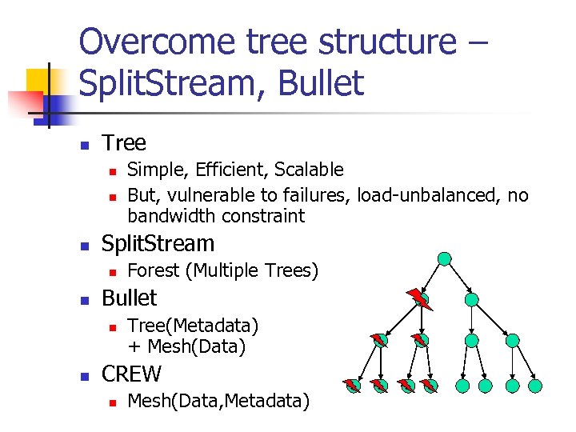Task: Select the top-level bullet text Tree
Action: pos(124,143)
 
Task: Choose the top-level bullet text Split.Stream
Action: pos(158,244)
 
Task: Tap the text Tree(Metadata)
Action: pos(193,326)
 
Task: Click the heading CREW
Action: pos(131,374)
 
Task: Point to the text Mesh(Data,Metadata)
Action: pos(218,401)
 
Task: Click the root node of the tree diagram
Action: pos(445,259)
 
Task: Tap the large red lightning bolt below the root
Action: pos(418,298)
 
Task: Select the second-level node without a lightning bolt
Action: pos(472,300)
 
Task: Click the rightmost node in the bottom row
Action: pos(536,386)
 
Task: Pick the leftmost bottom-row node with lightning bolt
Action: pos(353,386)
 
